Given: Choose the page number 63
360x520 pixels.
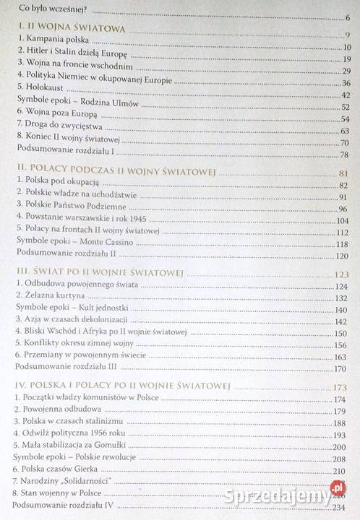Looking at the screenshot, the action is (345, 130).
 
